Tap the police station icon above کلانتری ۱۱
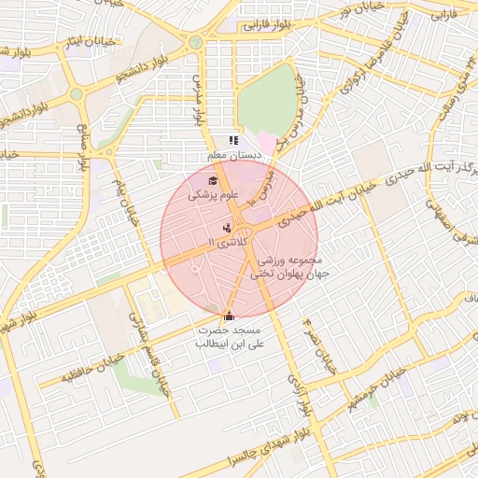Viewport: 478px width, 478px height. pyautogui.click(x=226, y=227)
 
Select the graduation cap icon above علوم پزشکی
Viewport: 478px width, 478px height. pyautogui.click(x=213, y=181)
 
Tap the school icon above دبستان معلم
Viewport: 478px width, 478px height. pyautogui.click(x=233, y=140)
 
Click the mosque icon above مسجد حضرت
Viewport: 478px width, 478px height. pyautogui.click(x=230, y=316)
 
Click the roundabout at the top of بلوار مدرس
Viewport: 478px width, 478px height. pyautogui.click(x=195, y=42)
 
